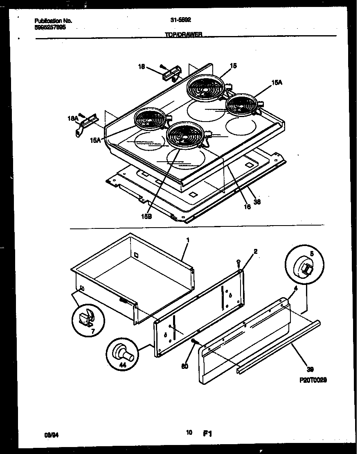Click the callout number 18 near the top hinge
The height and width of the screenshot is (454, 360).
coord(141,66)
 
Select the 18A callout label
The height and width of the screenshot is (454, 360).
coord(72,118)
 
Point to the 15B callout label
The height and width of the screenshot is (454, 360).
coord(146,217)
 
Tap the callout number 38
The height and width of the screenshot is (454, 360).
coord(256,201)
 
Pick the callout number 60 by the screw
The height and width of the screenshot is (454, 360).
coord(184,366)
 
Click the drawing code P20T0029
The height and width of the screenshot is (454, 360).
coord(313,380)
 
